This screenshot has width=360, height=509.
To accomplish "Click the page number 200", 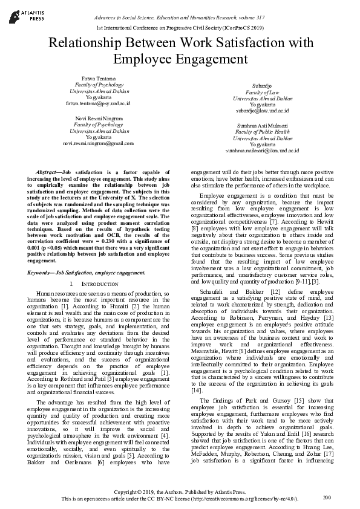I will click(x=327, y=497).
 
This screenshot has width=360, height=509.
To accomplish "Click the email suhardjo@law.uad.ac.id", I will click(x=262, y=111).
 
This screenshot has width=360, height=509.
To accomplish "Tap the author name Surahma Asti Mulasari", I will click(x=262, y=125).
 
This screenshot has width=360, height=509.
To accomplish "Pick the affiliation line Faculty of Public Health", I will click(x=262, y=131).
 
